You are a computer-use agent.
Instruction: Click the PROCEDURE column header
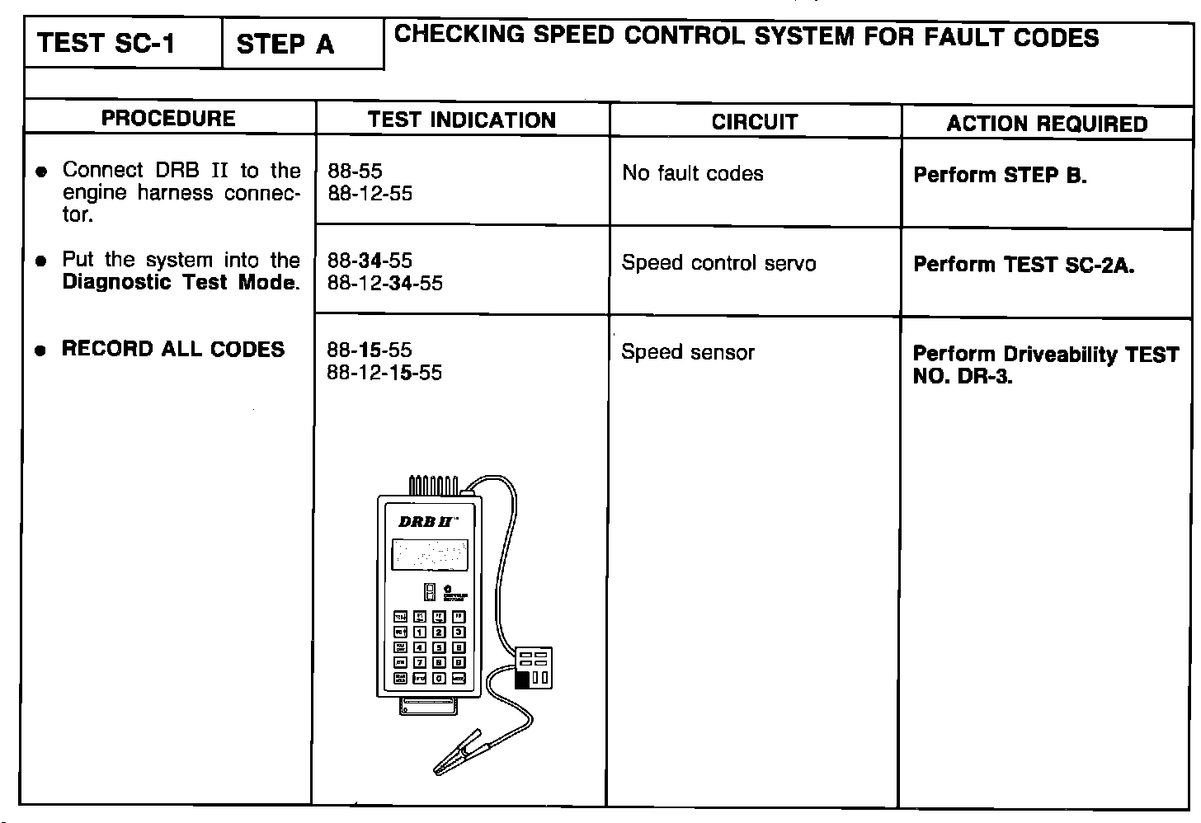point(168,119)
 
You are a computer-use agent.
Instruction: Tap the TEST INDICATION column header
point(462,120)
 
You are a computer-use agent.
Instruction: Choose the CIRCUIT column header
point(755,123)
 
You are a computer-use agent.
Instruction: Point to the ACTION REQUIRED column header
point(1047,125)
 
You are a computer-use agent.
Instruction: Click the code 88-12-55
point(370,194)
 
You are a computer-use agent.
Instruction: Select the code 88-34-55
point(370,261)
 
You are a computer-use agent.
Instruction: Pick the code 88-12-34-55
point(384,283)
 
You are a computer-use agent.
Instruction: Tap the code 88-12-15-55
point(384,373)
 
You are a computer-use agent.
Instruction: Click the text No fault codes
point(693,173)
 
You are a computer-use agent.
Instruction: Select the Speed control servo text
point(718,263)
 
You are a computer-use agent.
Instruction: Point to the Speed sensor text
point(688,353)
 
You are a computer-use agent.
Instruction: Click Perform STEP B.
point(1000,176)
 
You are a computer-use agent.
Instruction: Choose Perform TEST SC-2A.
point(1024,265)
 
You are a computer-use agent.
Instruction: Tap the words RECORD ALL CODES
point(173,349)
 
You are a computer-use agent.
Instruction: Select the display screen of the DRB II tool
point(429,555)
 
